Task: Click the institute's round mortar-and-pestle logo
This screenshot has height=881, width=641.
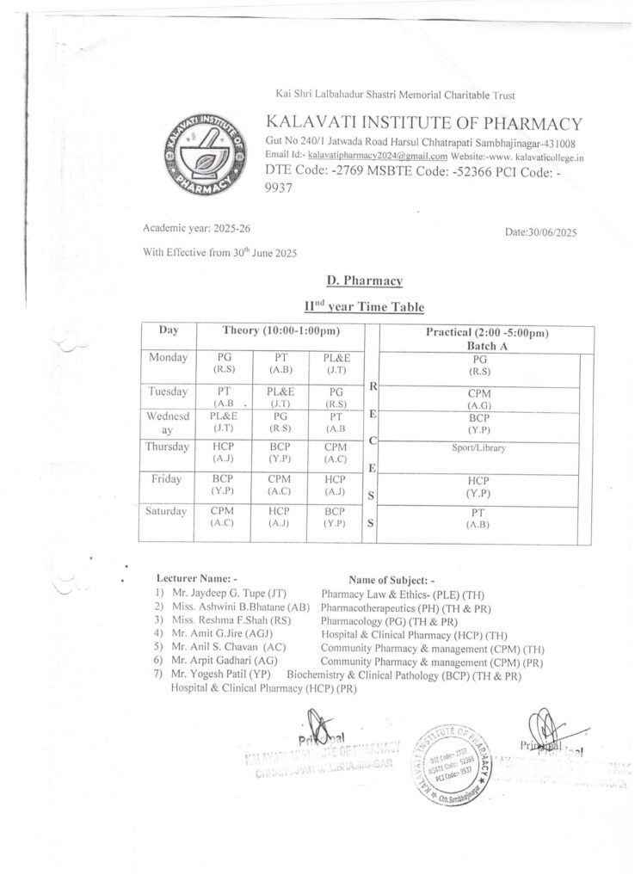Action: point(205,152)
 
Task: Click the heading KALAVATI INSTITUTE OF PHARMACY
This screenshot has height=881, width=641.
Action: point(424,123)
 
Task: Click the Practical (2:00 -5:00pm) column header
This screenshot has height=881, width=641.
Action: point(487,332)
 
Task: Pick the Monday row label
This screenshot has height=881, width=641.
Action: point(168,357)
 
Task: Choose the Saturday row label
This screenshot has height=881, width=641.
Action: point(167,511)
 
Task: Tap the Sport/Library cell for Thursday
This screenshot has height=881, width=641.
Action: point(478,448)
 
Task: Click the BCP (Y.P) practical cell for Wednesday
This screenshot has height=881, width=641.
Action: point(478,422)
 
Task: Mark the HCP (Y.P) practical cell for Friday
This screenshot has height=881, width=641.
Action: point(478,487)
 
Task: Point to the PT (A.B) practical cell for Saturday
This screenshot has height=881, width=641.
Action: point(478,516)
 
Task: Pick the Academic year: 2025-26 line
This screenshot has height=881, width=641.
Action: point(197,228)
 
